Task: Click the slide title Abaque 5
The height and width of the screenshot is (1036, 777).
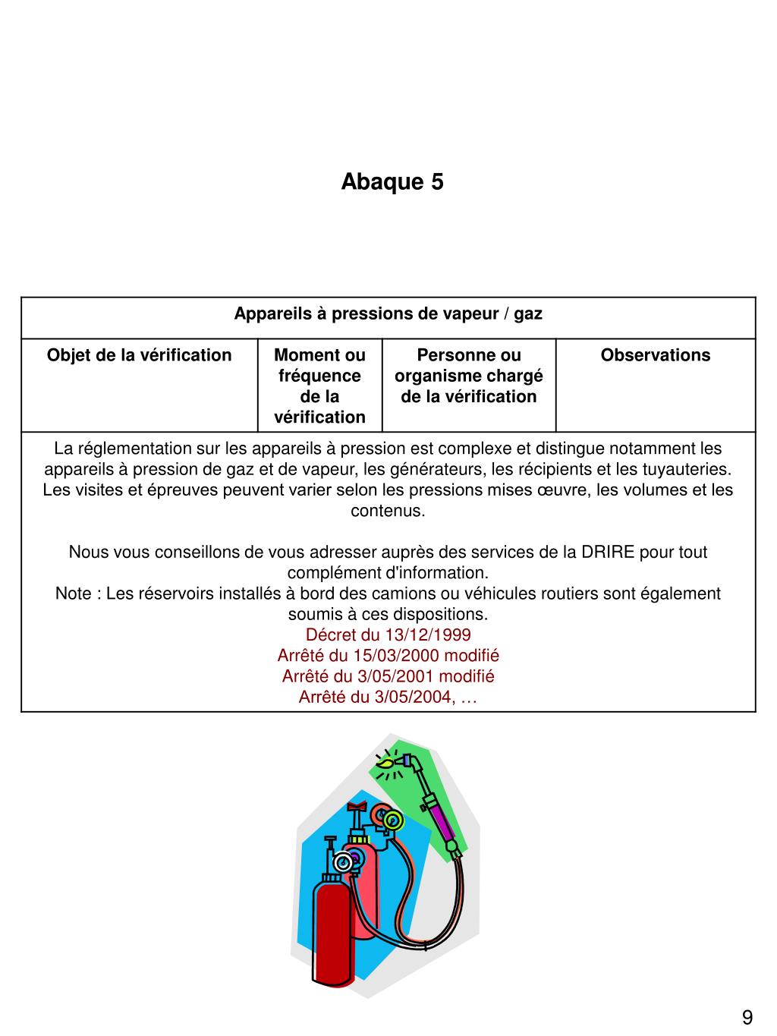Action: pyautogui.click(x=392, y=182)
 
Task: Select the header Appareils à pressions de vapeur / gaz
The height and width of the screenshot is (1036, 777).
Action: pyautogui.click(x=388, y=313)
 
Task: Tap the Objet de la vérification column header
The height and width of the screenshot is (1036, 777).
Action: pyautogui.click(x=139, y=355)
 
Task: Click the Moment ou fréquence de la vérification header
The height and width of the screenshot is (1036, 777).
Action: pyautogui.click(x=319, y=386)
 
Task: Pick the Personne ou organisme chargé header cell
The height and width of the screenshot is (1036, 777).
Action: pyautogui.click(x=468, y=376)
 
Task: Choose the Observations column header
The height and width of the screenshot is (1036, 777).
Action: pyautogui.click(x=656, y=355)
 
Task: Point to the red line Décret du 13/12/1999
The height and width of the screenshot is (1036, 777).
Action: pyautogui.click(x=388, y=635)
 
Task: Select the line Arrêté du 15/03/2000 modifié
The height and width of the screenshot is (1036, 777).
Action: pyautogui.click(x=388, y=655)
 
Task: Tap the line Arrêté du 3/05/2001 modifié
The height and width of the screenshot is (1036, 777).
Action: pyautogui.click(x=388, y=675)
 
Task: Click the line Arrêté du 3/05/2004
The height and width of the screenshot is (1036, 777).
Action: pyautogui.click(x=388, y=697)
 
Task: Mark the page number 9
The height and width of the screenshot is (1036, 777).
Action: pyautogui.click(x=747, y=1018)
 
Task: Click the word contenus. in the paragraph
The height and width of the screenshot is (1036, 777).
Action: pyautogui.click(x=388, y=511)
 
